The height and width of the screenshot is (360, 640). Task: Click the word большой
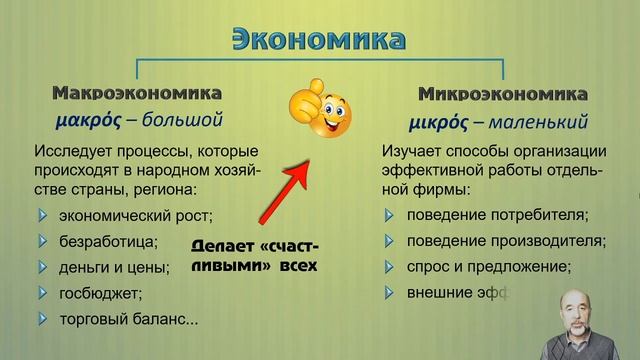pos(180,123)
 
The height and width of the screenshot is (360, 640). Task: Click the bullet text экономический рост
pos(137,214)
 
